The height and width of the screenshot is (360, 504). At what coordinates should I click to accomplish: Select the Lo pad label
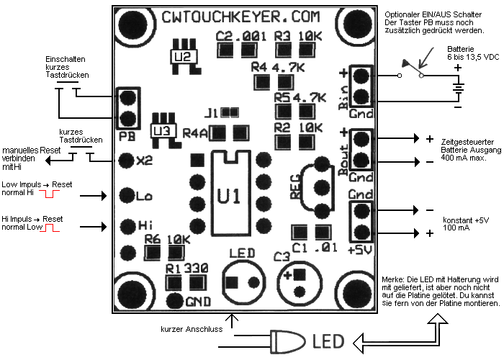144,195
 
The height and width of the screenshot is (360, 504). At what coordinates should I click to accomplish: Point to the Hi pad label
144,225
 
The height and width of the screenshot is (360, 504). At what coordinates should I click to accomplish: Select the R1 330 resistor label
186,268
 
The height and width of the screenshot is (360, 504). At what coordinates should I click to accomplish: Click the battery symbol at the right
457,88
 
